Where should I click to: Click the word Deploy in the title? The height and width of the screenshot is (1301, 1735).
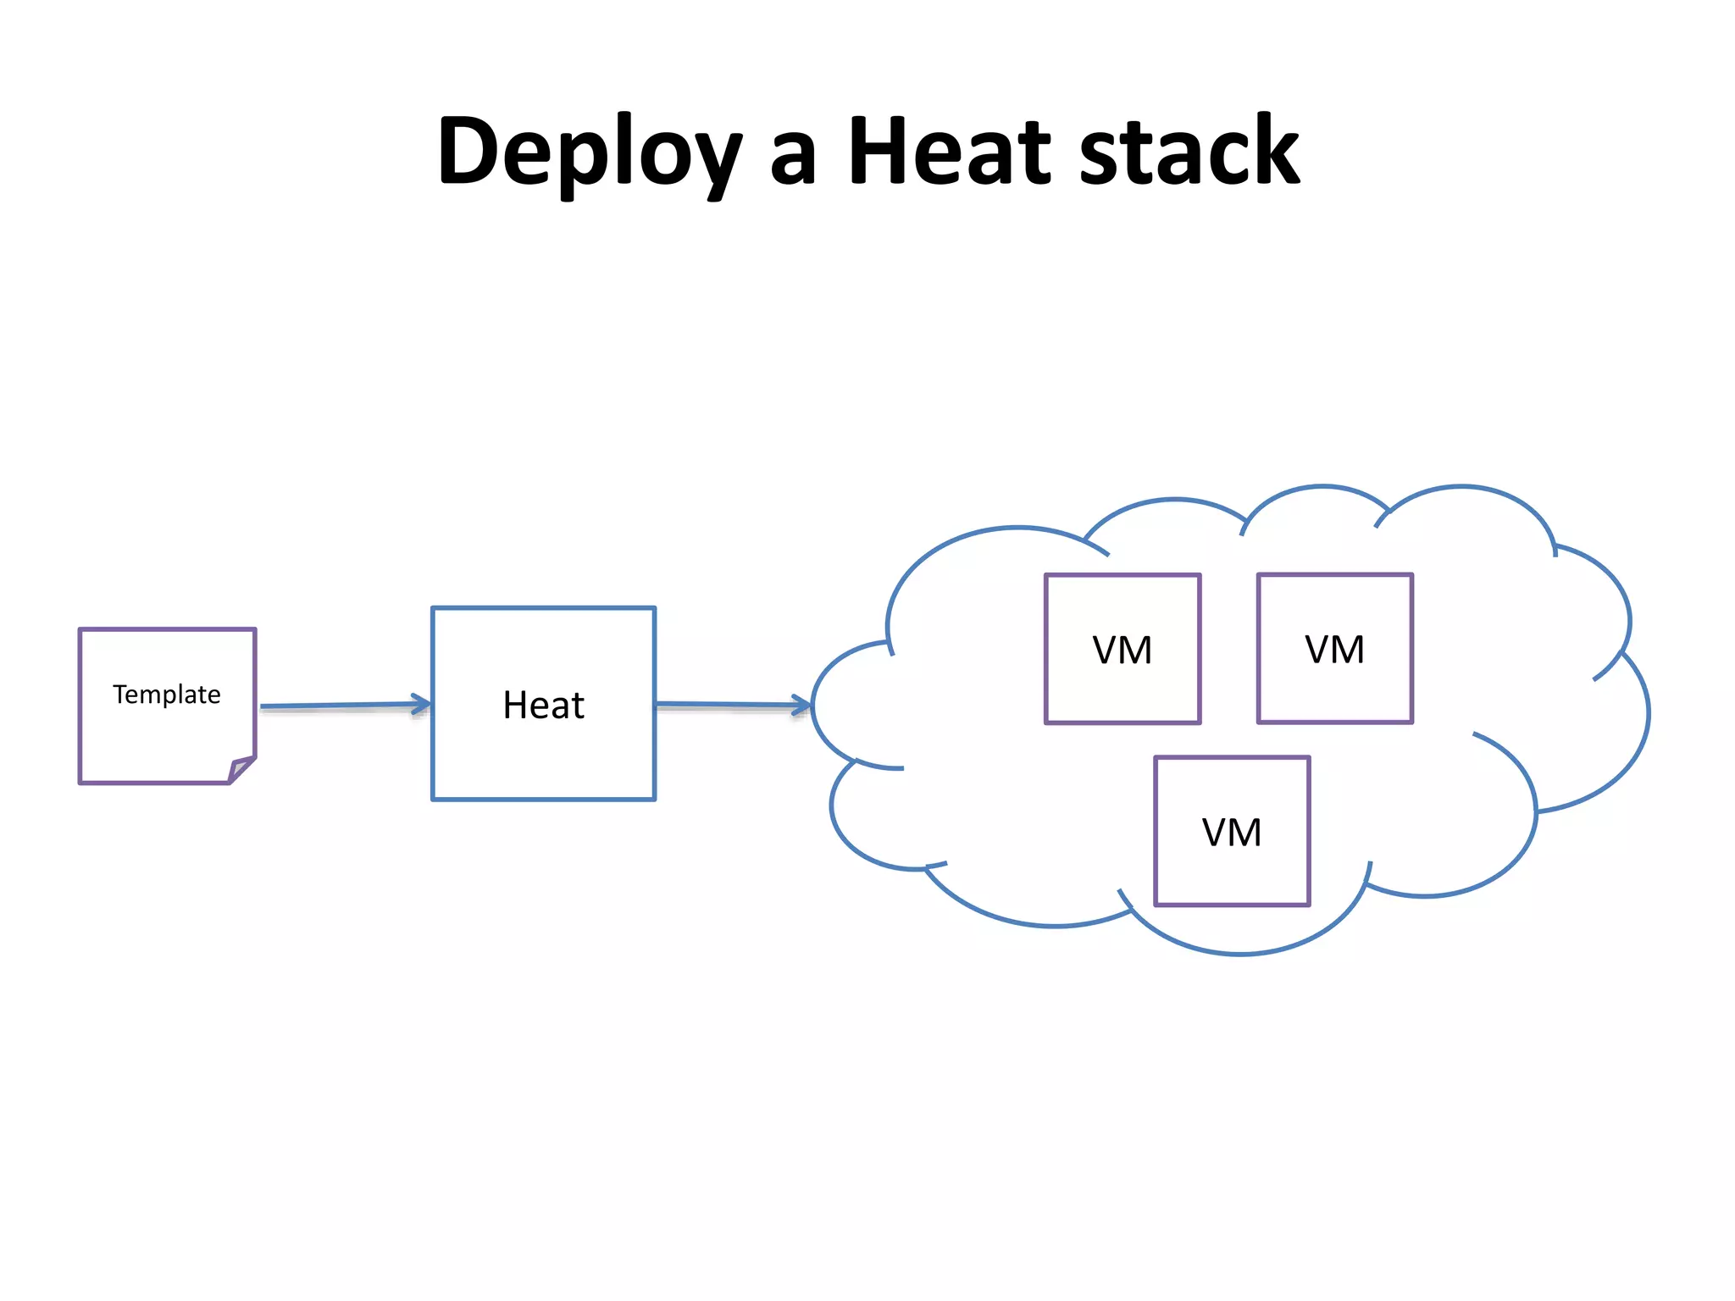click(589, 152)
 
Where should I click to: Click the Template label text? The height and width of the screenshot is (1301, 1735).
click(167, 695)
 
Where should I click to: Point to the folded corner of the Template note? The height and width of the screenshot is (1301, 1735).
click(241, 769)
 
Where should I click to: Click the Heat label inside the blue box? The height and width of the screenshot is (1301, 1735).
click(543, 705)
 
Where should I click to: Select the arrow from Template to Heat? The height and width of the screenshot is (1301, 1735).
click(339, 706)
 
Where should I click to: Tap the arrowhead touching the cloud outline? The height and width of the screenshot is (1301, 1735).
click(801, 705)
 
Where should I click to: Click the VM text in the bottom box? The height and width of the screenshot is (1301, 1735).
click(1232, 833)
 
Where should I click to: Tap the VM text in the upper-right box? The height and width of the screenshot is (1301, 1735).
click(1335, 650)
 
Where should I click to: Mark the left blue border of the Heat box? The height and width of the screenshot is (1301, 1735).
click(433, 745)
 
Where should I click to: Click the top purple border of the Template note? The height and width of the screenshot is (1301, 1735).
click(167, 629)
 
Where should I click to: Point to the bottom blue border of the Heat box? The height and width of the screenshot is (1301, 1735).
click(543, 799)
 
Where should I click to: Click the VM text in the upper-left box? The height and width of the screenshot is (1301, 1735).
click(1122, 650)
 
